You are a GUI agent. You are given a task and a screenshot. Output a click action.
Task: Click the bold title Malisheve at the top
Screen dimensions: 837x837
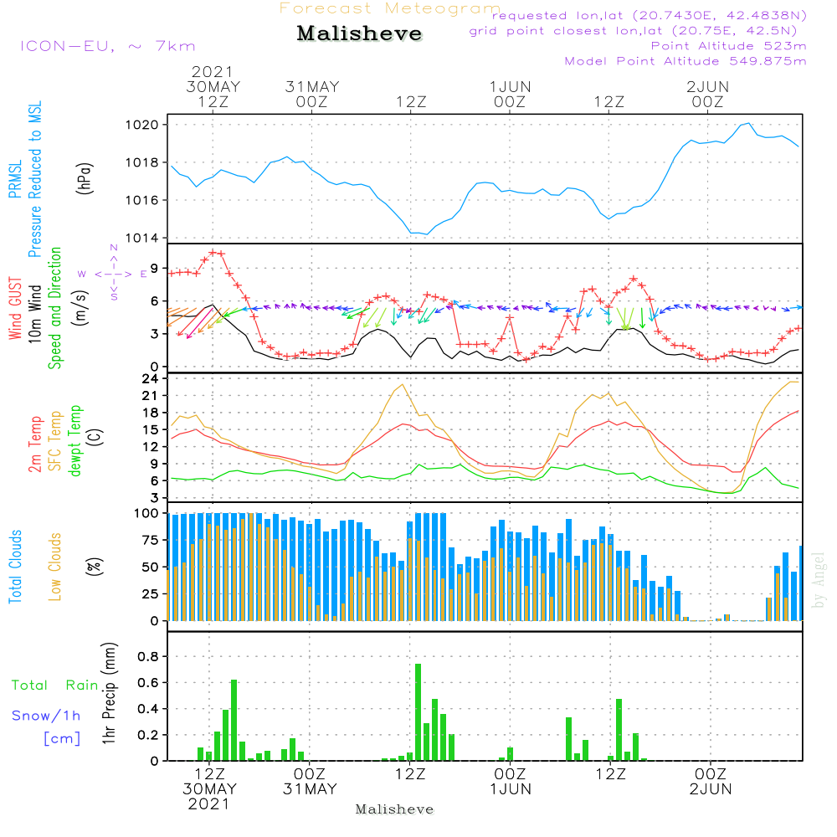360,34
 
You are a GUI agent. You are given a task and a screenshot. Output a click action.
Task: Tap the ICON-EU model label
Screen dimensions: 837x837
107,46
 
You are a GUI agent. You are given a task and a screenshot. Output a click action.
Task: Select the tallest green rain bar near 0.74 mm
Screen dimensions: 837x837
418,711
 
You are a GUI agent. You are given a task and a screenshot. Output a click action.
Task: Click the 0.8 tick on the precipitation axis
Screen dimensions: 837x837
148,657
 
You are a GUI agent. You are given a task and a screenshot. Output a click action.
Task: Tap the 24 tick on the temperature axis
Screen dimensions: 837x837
151,377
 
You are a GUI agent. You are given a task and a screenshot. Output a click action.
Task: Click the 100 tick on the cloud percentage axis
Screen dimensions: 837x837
146,512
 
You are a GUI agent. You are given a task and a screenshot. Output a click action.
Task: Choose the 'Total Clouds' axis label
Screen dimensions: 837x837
15,567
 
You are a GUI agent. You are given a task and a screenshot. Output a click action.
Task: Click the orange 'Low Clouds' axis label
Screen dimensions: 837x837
55,567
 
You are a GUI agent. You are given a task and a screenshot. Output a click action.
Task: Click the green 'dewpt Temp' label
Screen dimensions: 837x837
75,440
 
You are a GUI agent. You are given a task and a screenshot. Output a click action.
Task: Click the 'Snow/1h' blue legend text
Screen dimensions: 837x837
47,716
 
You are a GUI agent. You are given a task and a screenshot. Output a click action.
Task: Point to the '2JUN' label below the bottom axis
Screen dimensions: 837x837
710,788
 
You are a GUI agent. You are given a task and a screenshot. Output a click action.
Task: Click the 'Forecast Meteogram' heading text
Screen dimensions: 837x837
390,8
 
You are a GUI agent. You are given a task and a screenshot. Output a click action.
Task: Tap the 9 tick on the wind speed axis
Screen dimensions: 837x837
155,269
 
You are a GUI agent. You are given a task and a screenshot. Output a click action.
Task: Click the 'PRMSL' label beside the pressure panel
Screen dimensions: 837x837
15,182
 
